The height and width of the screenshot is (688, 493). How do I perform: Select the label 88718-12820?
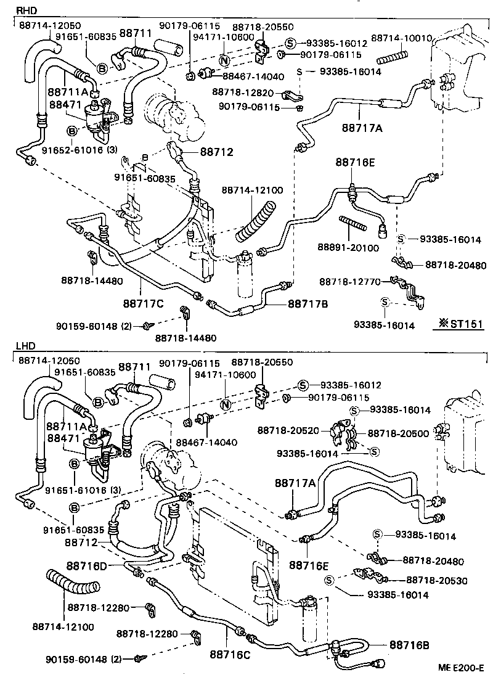tap(242, 92)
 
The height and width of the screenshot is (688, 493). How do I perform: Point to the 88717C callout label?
tap(143, 303)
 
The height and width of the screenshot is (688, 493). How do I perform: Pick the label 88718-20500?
tap(398, 433)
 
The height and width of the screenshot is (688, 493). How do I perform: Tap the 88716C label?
tap(230, 654)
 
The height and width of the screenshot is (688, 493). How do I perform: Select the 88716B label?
tap(412, 645)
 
